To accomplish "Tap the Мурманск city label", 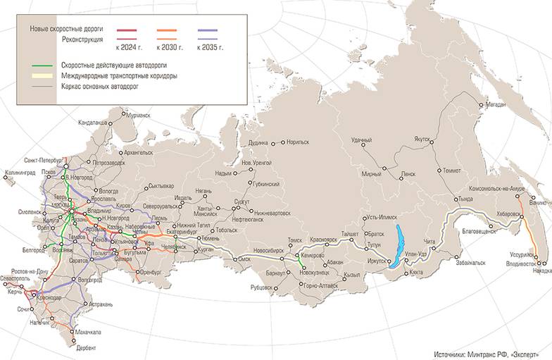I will [135, 115].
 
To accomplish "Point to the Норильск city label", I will [298, 142].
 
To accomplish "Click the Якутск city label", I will [422, 139].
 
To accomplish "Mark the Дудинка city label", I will [258, 142].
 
